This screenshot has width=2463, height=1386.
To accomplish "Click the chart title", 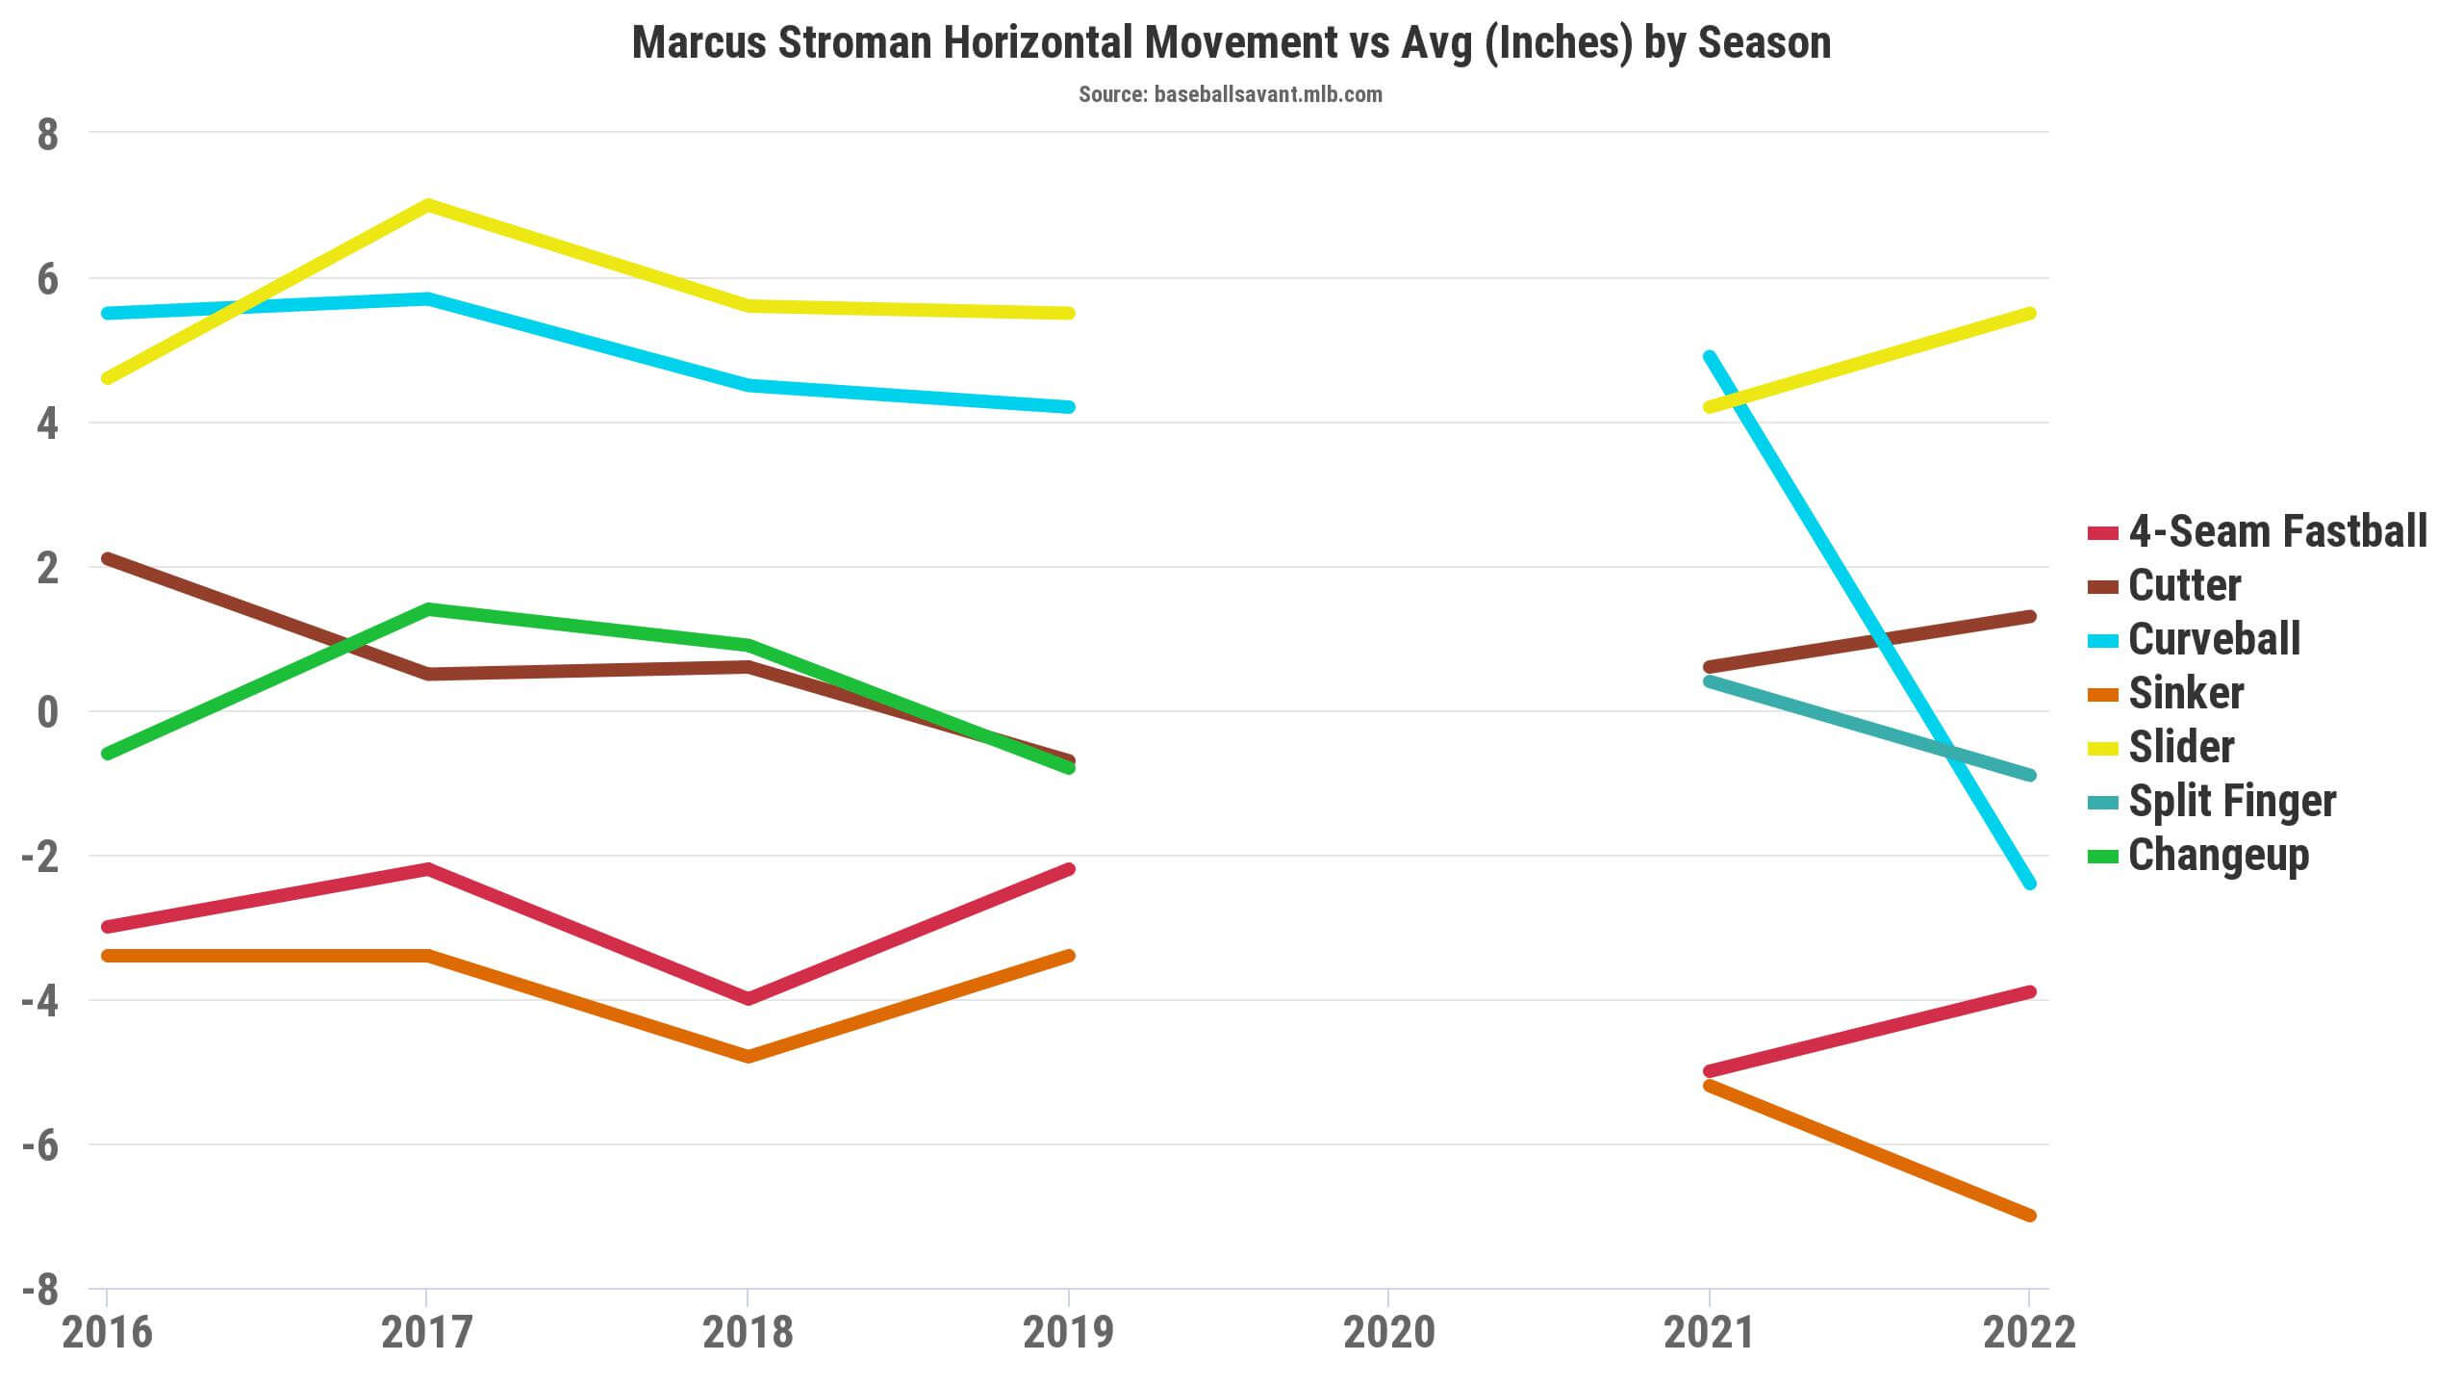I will click(1231, 43).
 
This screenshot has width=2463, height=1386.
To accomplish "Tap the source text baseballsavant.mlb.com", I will click(1231, 94).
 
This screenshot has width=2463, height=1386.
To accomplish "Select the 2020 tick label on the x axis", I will click(1388, 1333).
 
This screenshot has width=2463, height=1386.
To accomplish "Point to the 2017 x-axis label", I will click(427, 1333).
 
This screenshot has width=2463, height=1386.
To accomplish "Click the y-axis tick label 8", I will click(47, 136).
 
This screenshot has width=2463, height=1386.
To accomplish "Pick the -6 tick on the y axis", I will click(39, 1146).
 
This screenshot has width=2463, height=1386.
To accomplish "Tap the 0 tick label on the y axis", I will click(47, 713).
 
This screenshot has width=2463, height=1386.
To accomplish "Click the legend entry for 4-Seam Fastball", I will click(2277, 531).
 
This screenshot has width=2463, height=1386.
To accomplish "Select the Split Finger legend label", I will click(2232, 801).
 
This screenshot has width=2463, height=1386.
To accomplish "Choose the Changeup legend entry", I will click(2218, 855).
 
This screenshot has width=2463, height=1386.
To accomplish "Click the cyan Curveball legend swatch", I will click(2103, 640).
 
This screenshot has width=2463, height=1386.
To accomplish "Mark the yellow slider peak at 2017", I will click(427, 205).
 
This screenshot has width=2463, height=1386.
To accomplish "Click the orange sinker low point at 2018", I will click(748, 1057).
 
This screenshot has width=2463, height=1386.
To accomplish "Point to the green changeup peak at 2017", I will click(427, 609).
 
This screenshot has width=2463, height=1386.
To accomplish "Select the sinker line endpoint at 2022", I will click(2029, 1215).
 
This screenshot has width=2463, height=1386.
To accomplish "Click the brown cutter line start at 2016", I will click(108, 558).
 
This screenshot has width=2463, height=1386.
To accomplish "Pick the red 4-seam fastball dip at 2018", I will click(748, 999).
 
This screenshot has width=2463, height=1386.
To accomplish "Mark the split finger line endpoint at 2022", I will click(2029, 775).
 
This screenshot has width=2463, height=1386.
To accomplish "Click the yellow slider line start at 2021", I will click(1710, 406).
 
